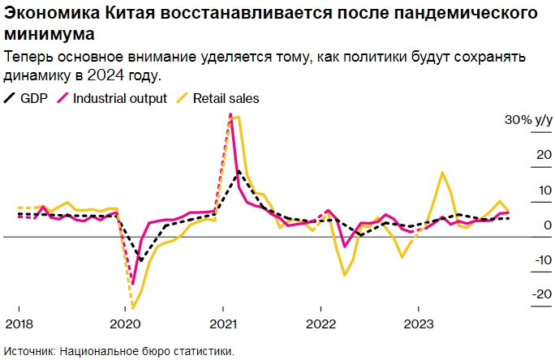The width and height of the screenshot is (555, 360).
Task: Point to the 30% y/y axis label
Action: pos(528,120)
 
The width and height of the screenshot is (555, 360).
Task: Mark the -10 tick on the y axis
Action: pos(539,259)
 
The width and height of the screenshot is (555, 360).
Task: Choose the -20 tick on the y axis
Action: pos(539,294)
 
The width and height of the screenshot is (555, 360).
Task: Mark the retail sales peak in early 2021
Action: pos(235,118)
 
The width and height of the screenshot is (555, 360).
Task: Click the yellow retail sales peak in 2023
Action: pos(442,172)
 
